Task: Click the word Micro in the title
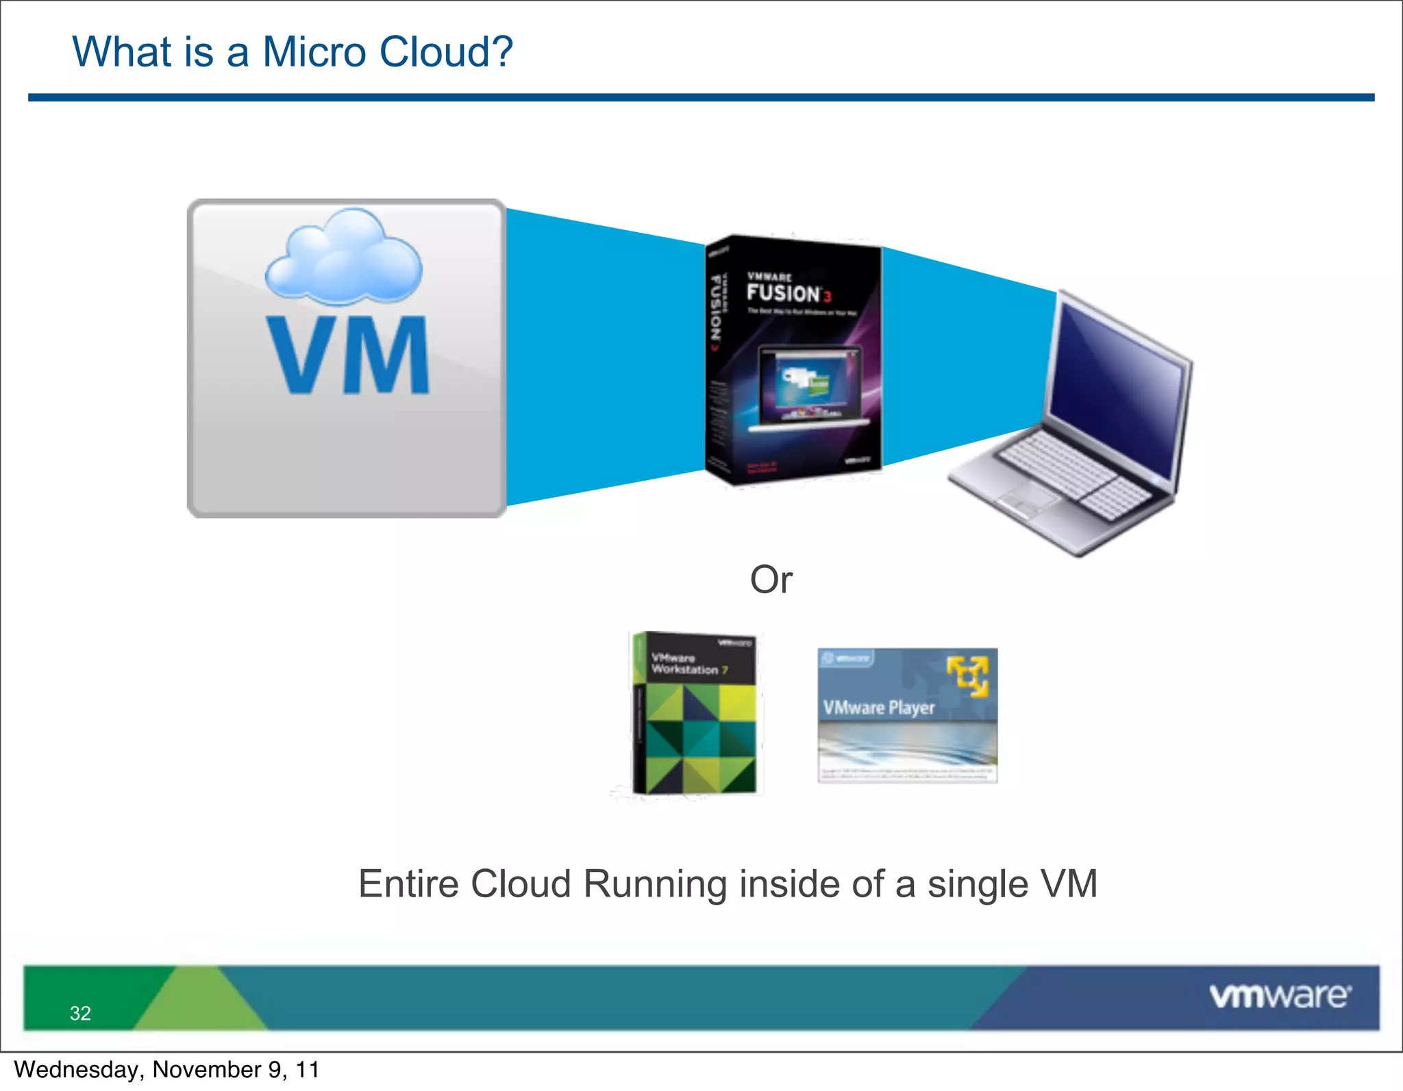314,52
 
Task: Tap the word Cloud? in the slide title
446,52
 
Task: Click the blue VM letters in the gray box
347,355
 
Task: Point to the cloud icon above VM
344,258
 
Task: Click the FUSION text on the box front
784,293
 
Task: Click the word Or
771,580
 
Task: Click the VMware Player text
879,707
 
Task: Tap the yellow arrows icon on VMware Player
968,676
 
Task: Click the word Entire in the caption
408,884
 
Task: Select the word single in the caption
978,884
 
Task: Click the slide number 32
80,1013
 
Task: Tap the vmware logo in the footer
1280,996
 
